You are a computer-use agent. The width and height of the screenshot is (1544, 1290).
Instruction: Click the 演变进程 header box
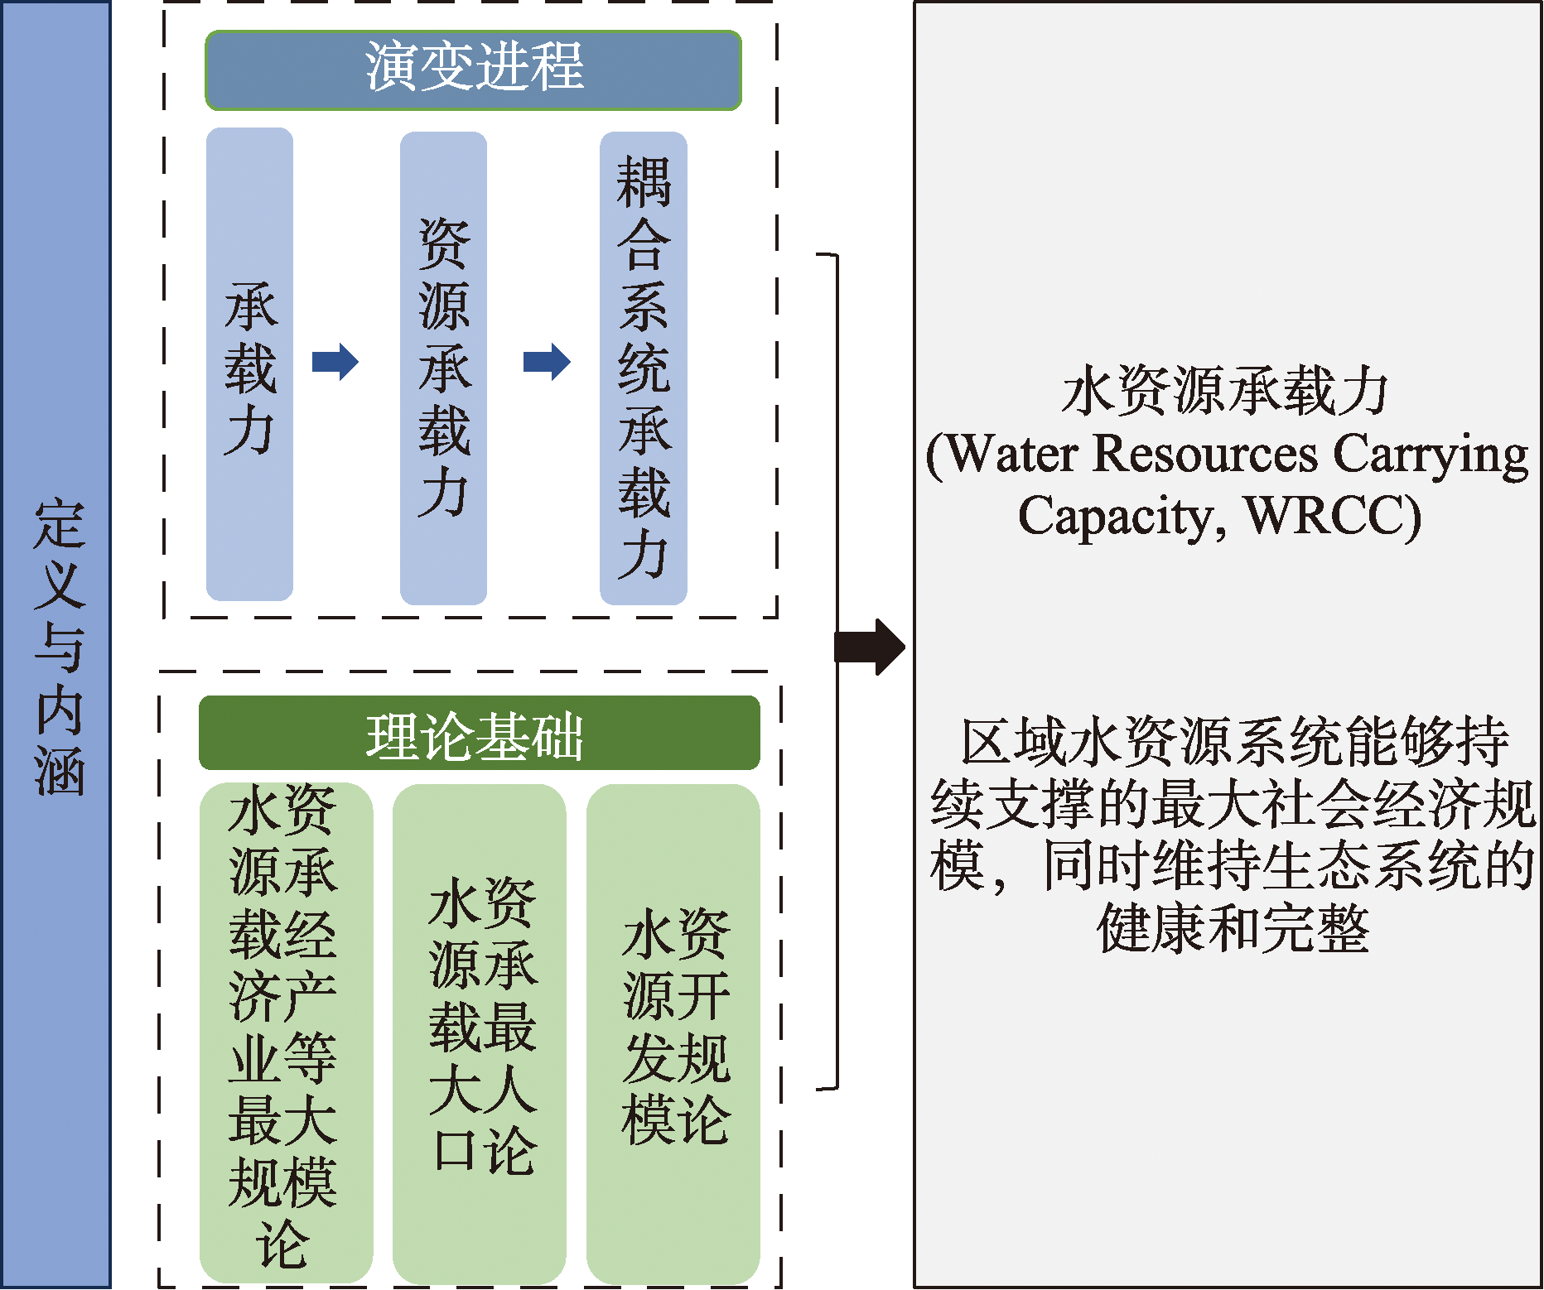(473, 70)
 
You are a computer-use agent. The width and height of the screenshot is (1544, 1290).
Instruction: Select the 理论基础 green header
(479, 734)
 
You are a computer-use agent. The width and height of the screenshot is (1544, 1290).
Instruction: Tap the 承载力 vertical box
(249, 364)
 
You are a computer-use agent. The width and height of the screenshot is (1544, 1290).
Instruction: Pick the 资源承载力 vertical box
(443, 368)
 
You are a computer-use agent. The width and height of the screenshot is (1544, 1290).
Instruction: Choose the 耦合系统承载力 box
(644, 368)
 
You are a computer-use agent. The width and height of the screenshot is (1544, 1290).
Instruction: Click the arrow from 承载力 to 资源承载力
(335, 362)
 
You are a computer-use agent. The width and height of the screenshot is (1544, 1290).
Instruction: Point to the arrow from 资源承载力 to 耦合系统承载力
(547, 362)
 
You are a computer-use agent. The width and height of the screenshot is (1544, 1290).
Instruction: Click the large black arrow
(869, 646)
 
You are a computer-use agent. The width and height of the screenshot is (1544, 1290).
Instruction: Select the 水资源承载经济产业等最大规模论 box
(285, 1031)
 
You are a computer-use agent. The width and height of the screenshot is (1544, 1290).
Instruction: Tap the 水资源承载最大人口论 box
(480, 1031)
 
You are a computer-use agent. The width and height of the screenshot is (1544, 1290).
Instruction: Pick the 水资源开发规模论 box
(673, 1031)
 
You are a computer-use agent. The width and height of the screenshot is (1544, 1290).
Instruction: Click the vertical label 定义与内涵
(58, 646)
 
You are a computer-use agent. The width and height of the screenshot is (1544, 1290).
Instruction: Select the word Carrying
(1431, 455)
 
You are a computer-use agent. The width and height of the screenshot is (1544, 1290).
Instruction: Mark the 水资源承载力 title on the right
(1225, 391)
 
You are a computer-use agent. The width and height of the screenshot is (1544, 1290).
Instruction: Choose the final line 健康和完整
(1232, 927)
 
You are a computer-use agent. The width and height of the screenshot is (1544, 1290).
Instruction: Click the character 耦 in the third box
(644, 182)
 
